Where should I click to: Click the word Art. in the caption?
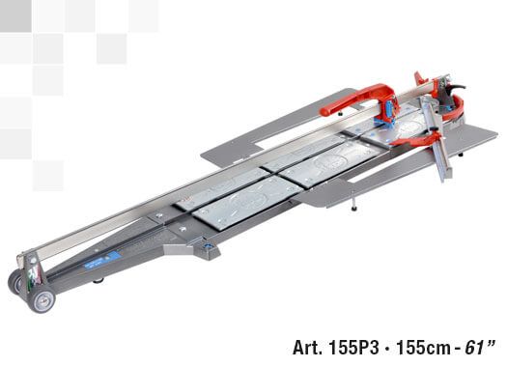click(307, 348)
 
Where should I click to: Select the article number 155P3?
click(353, 348)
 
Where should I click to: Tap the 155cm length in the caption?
click(423, 348)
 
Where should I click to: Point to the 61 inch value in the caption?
click(479, 348)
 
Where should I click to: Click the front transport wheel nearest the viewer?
click(42, 300)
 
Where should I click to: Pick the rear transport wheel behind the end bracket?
click(14, 282)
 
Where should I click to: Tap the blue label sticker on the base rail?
click(102, 260)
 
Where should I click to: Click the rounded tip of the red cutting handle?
click(324, 112)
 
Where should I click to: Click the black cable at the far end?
click(458, 87)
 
